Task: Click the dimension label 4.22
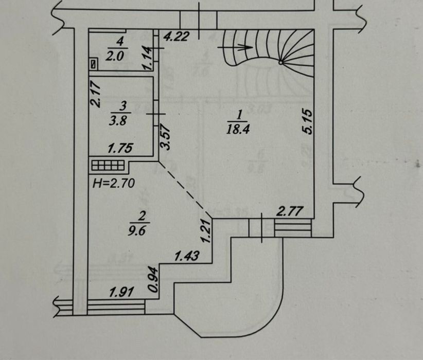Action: [x=176, y=36]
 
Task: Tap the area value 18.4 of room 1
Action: [x=238, y=129]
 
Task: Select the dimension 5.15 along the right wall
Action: [x=308, y=121]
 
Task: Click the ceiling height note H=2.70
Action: [x=114, y=184]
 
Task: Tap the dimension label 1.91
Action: [x=121, y=292]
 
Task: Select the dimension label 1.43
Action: [x=187, y=256]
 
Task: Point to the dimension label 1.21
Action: [x=206, y=230]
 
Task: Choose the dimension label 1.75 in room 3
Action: [x=120, y=148]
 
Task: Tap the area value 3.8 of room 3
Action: [x=118, y=121]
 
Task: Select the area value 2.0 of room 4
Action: [x=114, y=56]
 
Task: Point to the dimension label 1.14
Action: [x=148, y=58]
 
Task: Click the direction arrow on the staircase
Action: [x=235, y=47]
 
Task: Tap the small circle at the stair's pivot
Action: [x=280, y=63]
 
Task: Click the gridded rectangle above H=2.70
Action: [x=108, y=165]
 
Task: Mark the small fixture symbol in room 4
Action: [x=94, y=64]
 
